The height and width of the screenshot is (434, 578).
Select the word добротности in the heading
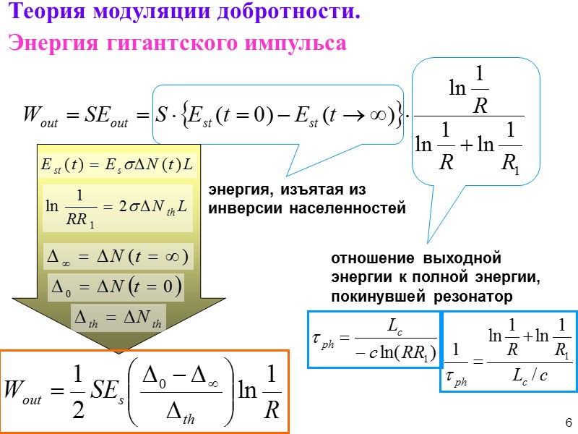[x=289, y=13]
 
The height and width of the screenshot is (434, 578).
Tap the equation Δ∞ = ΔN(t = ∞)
[x=117, y=256]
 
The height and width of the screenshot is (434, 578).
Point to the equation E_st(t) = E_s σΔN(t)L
[x=116, y=164]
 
